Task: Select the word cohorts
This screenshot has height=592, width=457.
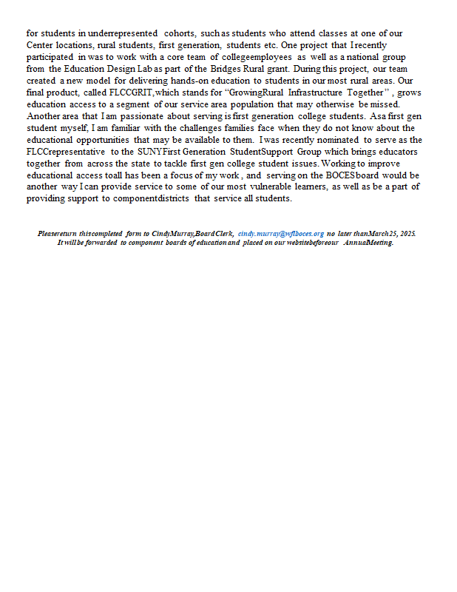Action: click(x=180, y=33)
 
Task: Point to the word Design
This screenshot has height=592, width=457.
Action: click(x=126, y=69)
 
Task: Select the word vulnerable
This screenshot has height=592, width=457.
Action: click(x=275, y=187)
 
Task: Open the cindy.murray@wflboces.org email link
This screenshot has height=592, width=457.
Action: click(x=281, y=233)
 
